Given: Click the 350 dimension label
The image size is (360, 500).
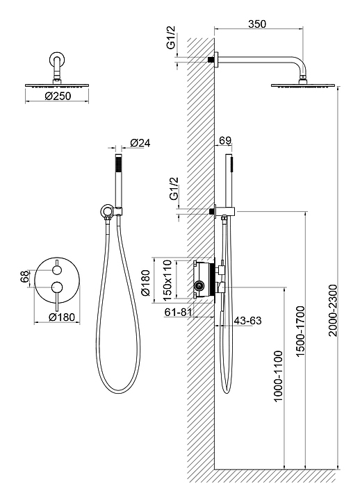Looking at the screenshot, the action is click(x=257, y=24).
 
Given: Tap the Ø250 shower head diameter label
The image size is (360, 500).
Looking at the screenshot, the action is click(x=58, y=96).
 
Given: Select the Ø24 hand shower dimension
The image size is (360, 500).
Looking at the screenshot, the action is click(x=140, y=143).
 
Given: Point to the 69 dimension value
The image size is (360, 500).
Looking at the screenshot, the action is click(x=225, y=140).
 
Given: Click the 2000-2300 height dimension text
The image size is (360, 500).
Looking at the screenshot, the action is click(x=333, y=310).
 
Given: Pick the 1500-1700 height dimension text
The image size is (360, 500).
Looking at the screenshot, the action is click(x=300, y=331).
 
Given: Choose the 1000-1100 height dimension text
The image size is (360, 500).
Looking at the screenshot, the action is click(x=278, y=376).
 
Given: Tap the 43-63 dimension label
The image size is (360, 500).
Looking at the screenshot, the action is click(x=247, y=320).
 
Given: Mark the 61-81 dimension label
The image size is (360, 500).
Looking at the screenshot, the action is click(x=179, y=312).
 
